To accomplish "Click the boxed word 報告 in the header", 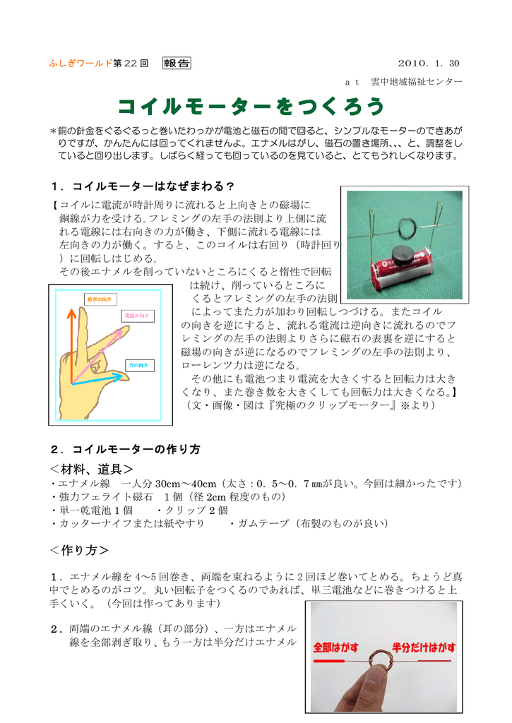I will pos(177,64).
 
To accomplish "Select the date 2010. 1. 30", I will pos(429,64).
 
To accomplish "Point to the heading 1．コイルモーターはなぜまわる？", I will pos(143,186).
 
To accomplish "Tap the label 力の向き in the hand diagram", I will pos(136,365).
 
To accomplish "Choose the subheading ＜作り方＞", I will pos(79,549).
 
